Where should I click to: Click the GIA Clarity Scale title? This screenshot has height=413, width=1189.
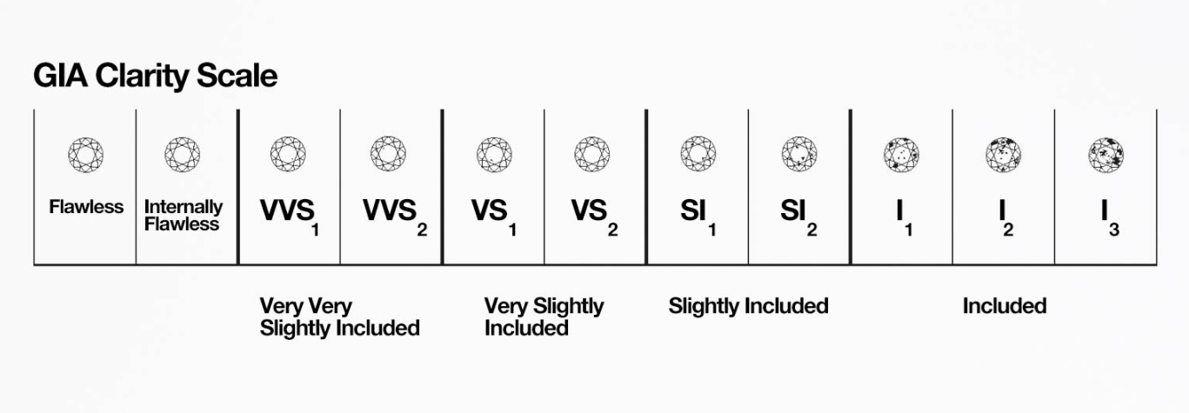tap(155, 76)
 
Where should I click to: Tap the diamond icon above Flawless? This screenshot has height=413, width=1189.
tap(86, 155)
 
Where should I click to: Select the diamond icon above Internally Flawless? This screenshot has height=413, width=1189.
tap(182, 155)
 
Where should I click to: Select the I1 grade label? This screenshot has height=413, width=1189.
tap(904, 217)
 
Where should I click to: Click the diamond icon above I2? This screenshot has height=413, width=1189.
tap(1003, 155)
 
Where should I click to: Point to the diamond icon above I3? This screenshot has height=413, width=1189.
tap(1106, 155)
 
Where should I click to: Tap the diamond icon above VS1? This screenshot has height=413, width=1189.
tap(494, 155)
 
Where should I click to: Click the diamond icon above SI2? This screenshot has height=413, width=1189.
tap(799, 155)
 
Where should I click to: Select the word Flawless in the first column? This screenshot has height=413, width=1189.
tap(86, 207)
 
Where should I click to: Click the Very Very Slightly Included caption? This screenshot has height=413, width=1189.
tap(340, 316)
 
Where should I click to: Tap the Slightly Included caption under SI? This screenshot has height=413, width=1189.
tap(748, 306)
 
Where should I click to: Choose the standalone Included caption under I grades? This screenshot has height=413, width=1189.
tap(1005, 306)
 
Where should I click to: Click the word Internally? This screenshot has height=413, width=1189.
tap(184, 207)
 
